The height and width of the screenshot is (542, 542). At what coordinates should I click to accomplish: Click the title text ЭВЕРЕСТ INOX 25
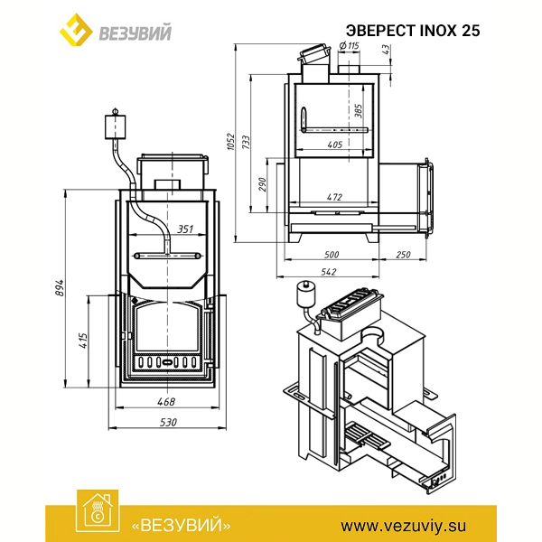pos(413,31)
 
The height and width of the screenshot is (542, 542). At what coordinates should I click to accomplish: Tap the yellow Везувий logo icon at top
pos(76,30)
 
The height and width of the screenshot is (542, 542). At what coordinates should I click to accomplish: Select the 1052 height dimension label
pos(231,142)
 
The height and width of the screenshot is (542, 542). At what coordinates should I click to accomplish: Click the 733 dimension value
pos(246,143)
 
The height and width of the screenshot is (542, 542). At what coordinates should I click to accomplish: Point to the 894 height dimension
pos(60,287)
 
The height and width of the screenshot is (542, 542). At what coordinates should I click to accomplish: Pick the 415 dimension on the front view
pos(83,341)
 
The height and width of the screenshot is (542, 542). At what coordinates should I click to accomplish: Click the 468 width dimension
pos(166,401)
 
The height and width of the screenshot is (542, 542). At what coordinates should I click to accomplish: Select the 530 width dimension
pos(168,422)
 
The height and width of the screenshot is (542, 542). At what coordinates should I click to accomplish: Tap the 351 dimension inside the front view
pos(185,229)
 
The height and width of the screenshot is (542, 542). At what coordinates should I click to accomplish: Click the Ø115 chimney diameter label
pos(349,45)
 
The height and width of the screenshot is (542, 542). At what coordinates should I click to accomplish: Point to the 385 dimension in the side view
pos(359,111)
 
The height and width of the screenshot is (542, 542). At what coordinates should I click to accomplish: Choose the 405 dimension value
pos(334,145)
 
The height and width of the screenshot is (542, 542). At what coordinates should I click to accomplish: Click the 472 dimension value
pos(334,197)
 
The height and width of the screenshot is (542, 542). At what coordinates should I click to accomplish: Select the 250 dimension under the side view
pos(403,255)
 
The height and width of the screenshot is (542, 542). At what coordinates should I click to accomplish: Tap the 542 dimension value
pos(328,272)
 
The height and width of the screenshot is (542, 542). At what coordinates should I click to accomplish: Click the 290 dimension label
pos(262,184)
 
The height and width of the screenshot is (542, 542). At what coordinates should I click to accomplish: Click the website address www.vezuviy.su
pos(404,526)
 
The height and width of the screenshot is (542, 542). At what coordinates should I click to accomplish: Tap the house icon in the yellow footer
pos(98,511)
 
